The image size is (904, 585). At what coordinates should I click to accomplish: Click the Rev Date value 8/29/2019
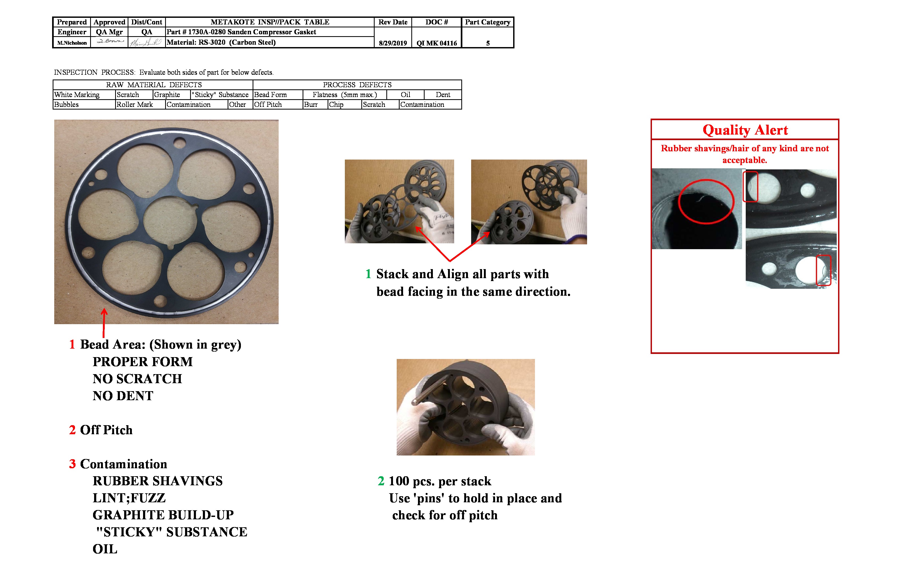pyautogui.click(x=393, y=43)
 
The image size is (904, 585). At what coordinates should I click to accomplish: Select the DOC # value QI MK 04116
pyautogui.click(x=436, y=43)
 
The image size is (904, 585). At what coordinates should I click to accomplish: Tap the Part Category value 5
pyautogui.click(x=488, y=43)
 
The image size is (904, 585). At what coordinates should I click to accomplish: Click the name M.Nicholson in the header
pyautogui.click(x=72, y=43)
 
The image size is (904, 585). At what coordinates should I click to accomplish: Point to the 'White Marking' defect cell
pyautogui.click(x=77, y=95)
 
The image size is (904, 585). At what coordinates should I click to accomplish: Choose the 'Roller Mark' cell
pyautogui.click(x=135, y=105)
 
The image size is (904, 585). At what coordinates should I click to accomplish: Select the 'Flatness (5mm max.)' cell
pyautogui.click(x=345, y=95)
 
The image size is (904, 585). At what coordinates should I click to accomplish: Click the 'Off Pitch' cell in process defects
pyautogui.click(x=268, y=105)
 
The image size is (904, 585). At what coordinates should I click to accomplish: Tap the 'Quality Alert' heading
pyautogui.click(x=745, y=130)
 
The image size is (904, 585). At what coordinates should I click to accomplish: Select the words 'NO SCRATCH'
pyautogui.click(x=137, y=379)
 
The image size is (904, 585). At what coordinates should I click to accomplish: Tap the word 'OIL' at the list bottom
pyautogui.click(x=105, y=549)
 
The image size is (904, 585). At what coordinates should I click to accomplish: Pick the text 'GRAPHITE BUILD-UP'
pyautogui.click(x=163, y=515)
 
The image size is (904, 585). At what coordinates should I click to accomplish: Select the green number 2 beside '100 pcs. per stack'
pyautogui.click(x=381, y=481)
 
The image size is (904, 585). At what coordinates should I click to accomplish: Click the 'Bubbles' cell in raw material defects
pyautogui.click(x=66, y=105)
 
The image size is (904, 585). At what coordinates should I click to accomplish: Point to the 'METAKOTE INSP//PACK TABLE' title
pyautogui.click(x=270, y=22)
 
